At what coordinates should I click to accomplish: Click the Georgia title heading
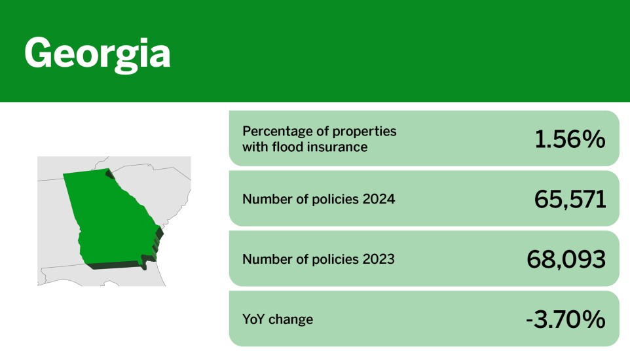97,54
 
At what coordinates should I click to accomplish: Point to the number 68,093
566,259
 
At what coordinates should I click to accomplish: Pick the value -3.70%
565,319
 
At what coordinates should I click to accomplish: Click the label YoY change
278,319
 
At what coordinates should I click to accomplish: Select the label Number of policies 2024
318,199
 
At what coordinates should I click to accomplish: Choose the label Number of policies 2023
318,259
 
